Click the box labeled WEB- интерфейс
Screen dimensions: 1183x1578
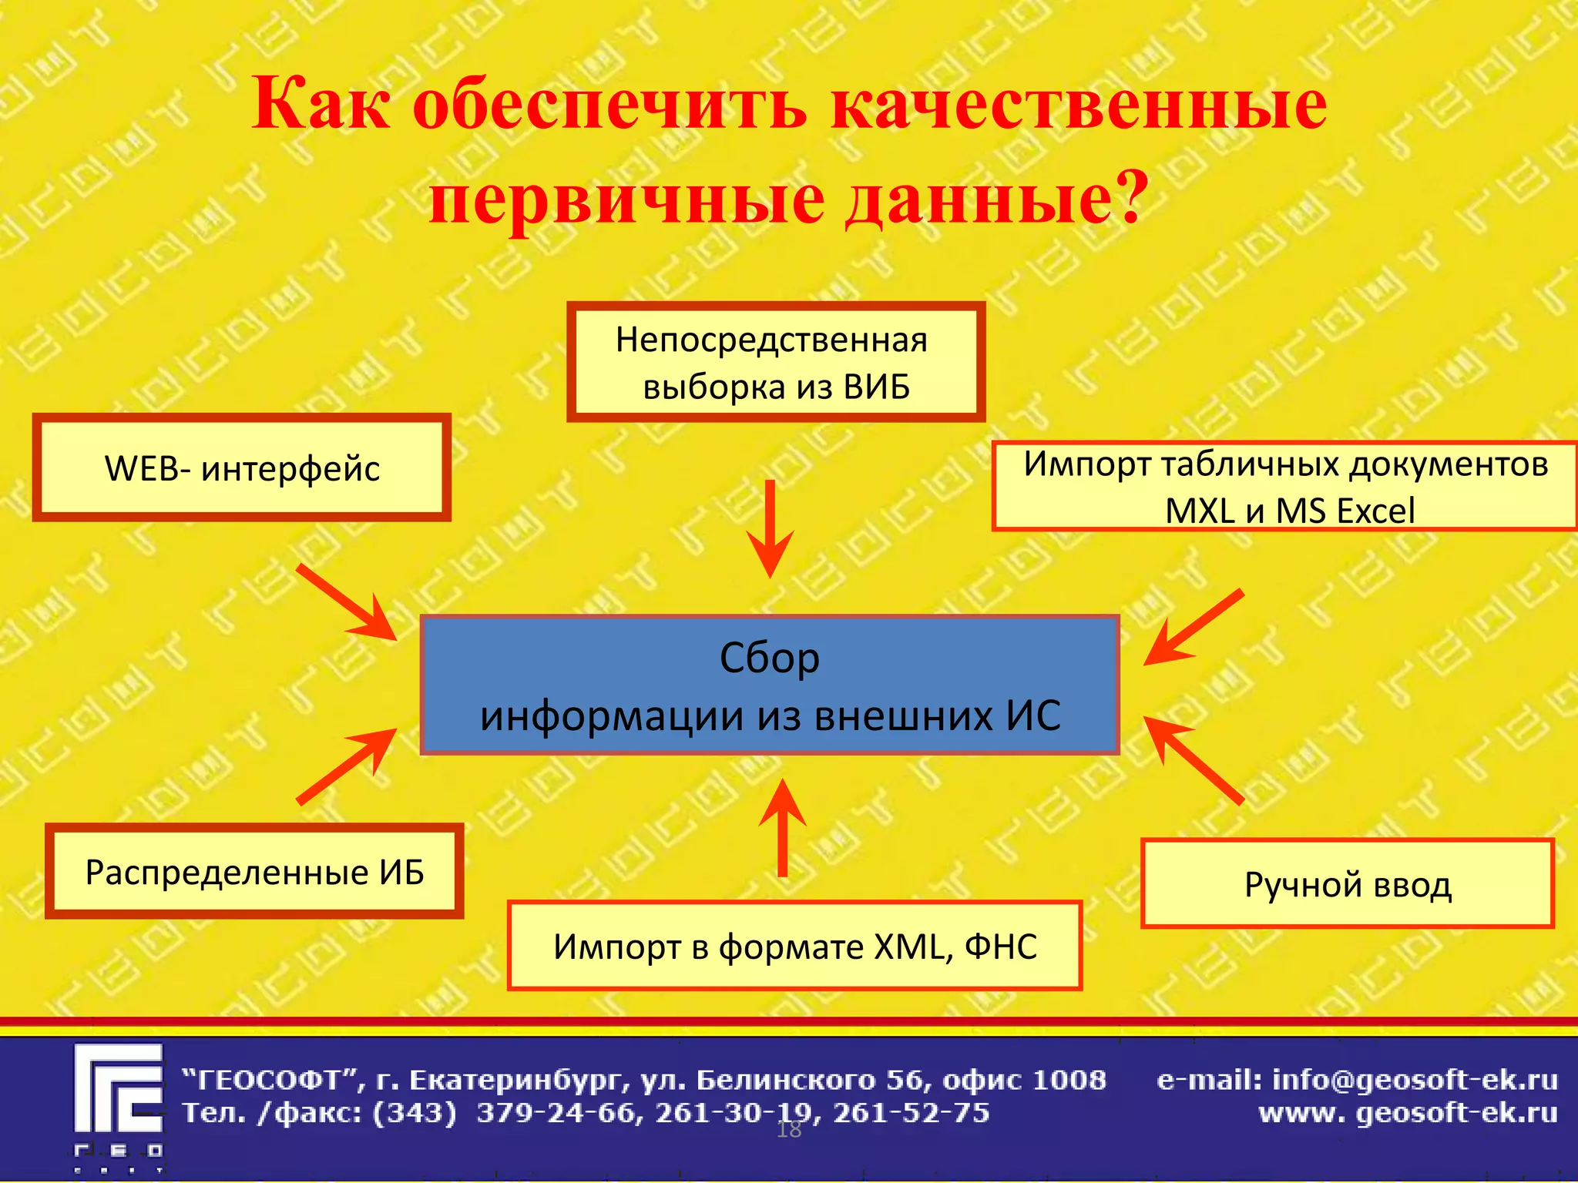pos(241,468)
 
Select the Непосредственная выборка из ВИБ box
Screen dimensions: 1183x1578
pos(775,362)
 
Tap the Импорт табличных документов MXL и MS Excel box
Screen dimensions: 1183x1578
pos(1284,487)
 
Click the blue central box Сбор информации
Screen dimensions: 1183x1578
pos(769,685)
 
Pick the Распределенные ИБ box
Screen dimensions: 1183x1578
pos(254,872)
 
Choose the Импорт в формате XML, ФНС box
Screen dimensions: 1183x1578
pos(794,946)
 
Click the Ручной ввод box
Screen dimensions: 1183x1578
pos(1347,884)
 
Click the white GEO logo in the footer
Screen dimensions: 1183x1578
pos(119,1106)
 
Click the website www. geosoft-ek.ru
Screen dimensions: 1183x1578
pos(1408,1113)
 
